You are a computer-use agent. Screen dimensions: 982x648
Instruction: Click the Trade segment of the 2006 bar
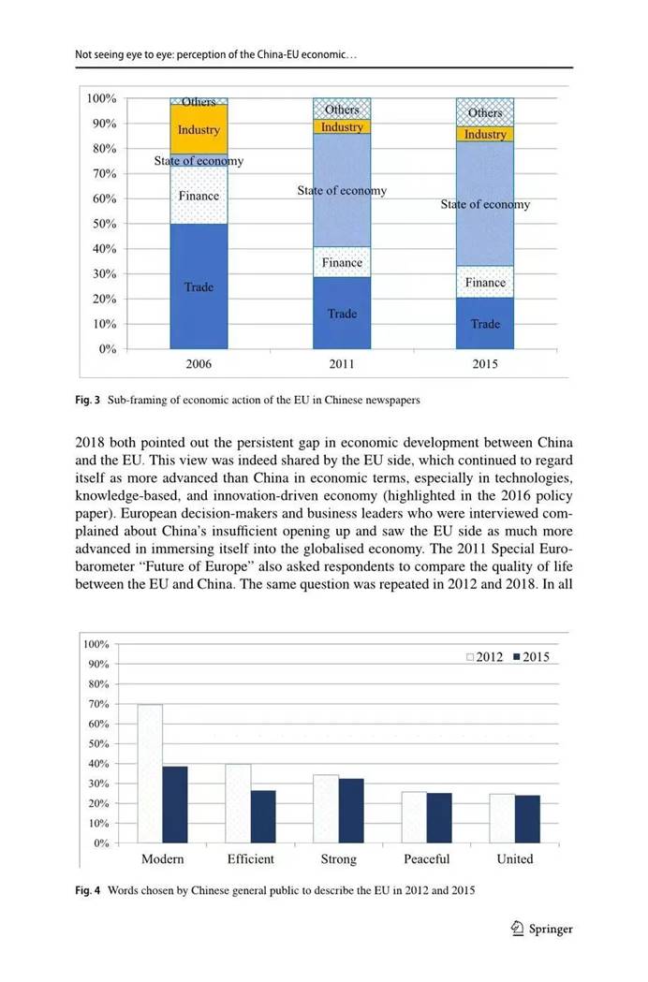[x=199, y=286]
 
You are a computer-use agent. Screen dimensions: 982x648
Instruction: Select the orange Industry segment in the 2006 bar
[x=199, y=130]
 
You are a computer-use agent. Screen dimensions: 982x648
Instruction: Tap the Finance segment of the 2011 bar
[x=342, y=262]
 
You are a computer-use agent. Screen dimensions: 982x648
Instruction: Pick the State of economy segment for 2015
[x=485, y=204]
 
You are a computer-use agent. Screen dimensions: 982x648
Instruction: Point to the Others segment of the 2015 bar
[x=485, y=112]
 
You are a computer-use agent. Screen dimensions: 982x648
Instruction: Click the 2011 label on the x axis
[x=342, y=364]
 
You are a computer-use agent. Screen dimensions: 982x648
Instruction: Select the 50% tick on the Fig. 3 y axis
[x=102, y=224]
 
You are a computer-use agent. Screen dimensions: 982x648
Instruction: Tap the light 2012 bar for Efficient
[x=238, y=803]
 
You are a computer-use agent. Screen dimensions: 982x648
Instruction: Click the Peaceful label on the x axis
[x=426, y=859]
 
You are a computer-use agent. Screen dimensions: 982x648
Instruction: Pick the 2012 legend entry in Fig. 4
[x=486, y=657]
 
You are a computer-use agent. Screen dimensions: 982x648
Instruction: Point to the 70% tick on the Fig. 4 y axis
[x=98, y=704]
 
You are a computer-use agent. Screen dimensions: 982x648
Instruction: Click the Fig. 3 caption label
[x=88, y=401]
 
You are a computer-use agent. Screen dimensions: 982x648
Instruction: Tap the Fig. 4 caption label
[x=88, y=891]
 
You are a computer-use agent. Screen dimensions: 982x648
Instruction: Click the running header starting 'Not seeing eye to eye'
[x=216, y=55]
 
